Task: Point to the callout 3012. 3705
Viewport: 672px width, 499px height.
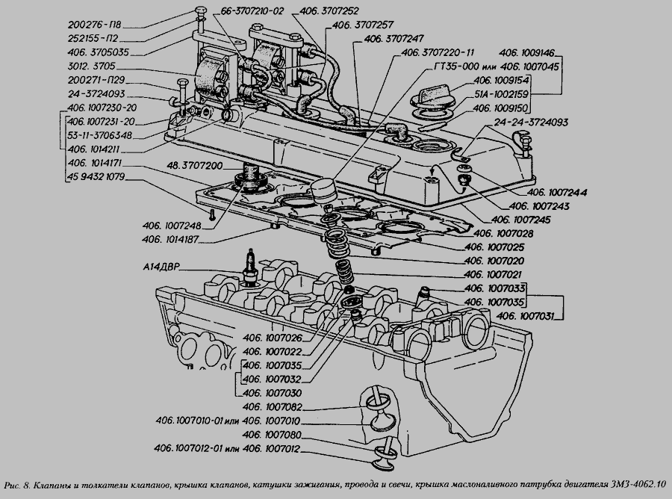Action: click(96, 66)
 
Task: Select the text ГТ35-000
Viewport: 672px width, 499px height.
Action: click(456, 66)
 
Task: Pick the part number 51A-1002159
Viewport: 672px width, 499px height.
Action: click(503, 94)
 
